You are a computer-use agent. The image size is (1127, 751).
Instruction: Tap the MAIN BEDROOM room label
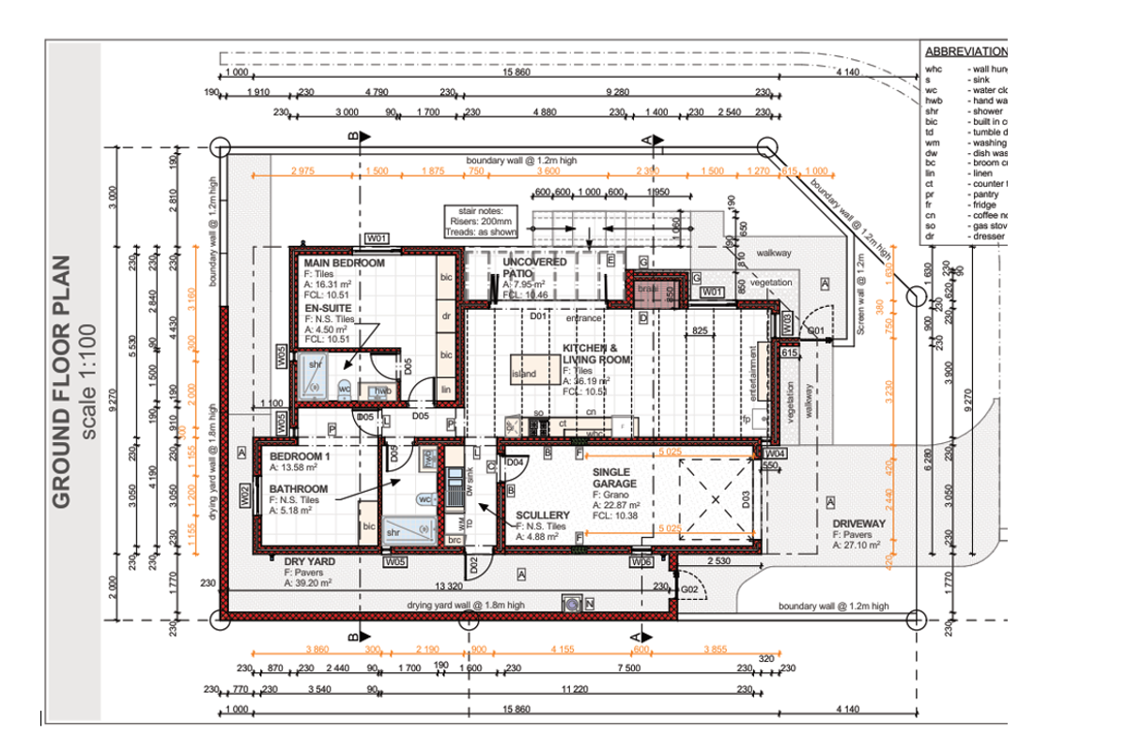click(x=343, y=264)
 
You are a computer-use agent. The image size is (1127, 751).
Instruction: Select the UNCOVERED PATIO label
click(x=534, y=268)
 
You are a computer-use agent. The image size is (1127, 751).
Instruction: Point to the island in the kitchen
click(x=524, y=375)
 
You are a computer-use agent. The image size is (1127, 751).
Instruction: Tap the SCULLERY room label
click(x=543, y=515)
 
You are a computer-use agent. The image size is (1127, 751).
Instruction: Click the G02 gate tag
click(x=688, y=589)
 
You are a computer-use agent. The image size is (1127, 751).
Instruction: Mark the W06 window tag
click(x=642, y=561)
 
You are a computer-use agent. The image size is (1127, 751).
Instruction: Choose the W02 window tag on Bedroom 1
click(x=244, y=494)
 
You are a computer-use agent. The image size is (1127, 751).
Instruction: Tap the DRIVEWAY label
click(x=858, y=523)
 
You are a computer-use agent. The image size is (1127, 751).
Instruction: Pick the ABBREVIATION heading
click(x=965, y=53)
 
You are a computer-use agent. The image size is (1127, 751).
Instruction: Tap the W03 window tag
click(x=786, y=324)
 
